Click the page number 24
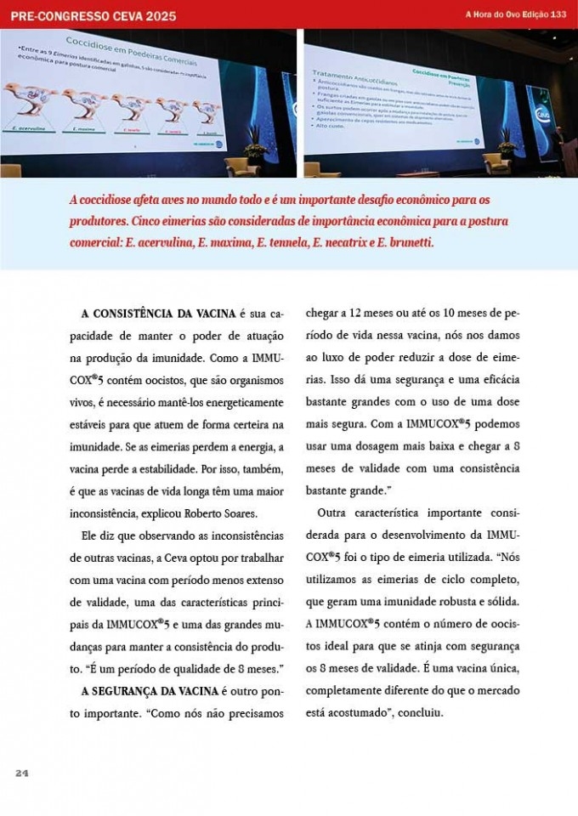(22, 773)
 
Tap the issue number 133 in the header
(558, 14)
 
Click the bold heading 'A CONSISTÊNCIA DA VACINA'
(157, 314)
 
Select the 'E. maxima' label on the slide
(83, 129)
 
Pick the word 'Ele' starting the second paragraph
(90, 535)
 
